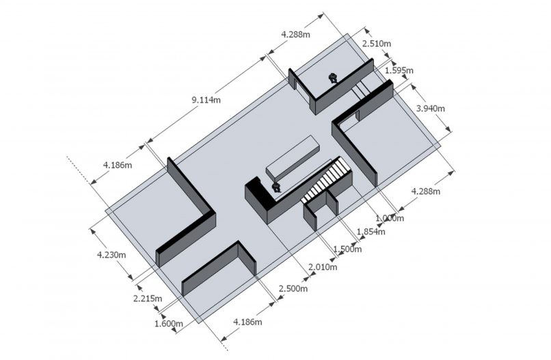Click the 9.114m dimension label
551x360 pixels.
(206, 100)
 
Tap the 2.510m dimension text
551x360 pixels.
(377, 44)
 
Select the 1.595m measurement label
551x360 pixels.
(399, 70)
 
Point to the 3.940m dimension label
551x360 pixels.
(431, 109)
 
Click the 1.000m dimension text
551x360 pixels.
(390, 219)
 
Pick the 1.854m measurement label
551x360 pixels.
(371, 232)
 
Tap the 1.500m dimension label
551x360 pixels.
(347, 249)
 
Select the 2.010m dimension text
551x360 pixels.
(323, 267)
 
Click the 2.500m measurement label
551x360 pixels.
(293, 289)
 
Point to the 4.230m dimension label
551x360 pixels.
(111, 255)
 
